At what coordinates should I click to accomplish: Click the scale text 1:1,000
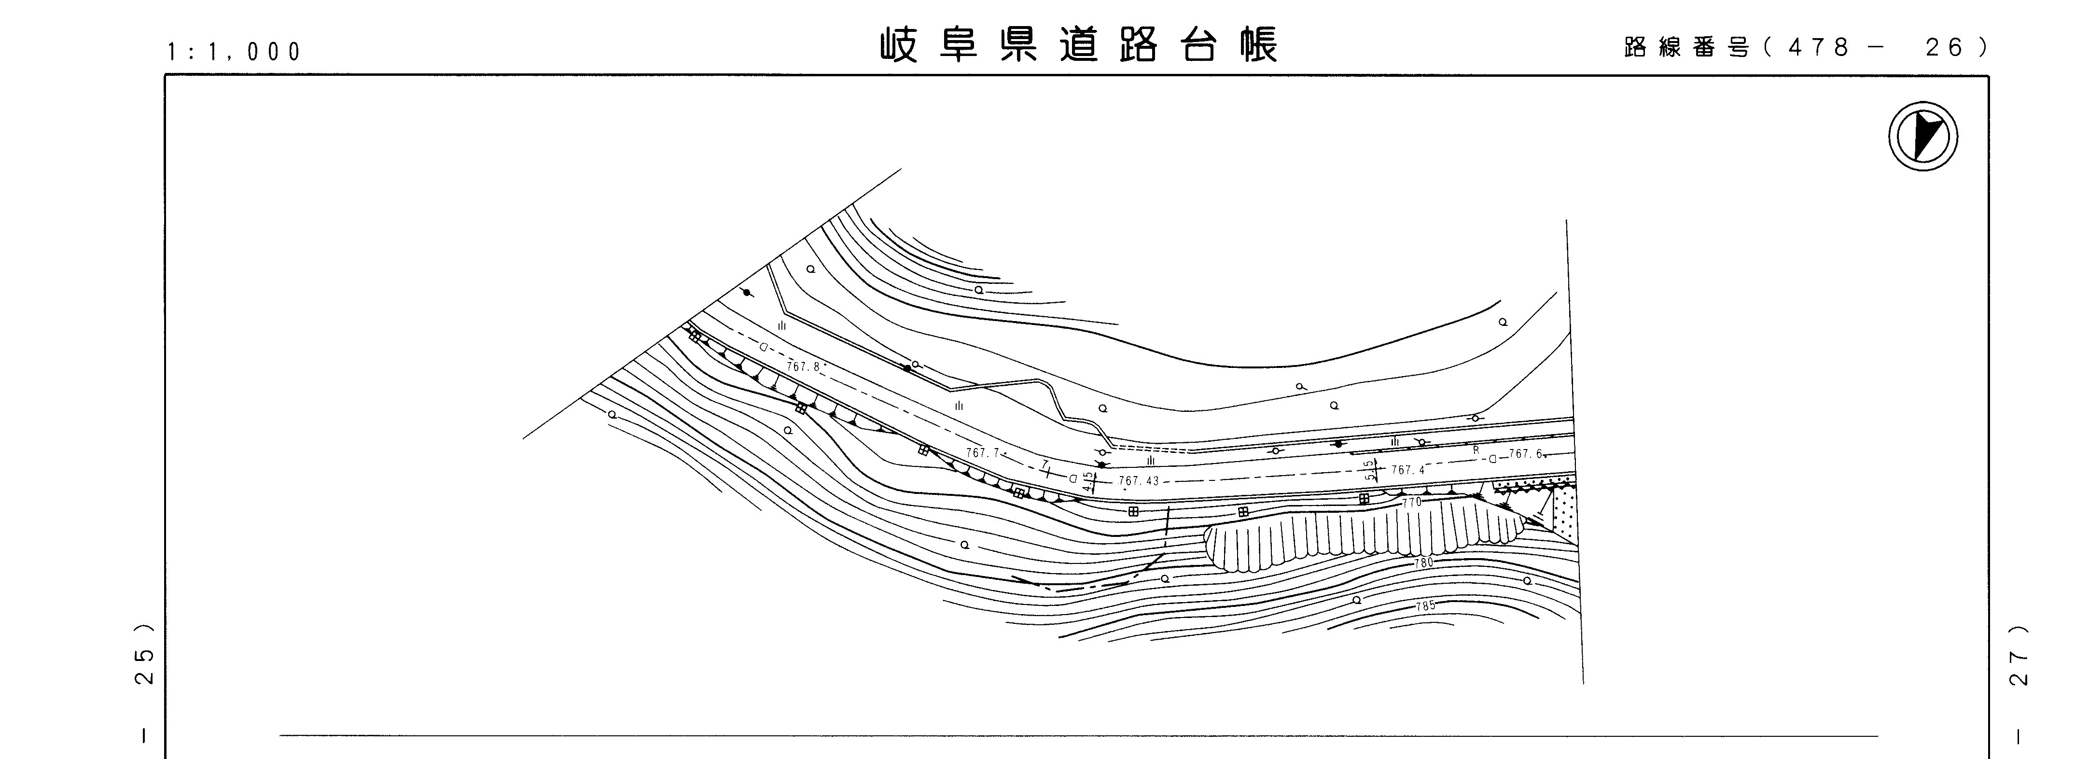tap(234, 52)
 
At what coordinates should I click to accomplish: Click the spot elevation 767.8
tap(803, 366)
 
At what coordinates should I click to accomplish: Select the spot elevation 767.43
tap(1138, 481)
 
